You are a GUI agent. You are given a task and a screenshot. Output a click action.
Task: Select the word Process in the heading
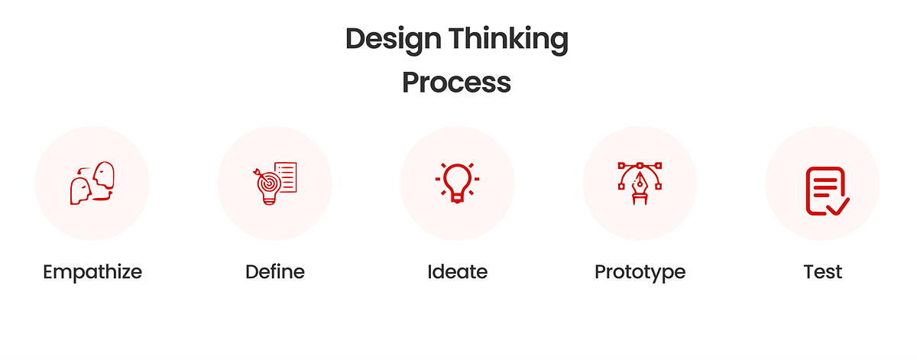456,82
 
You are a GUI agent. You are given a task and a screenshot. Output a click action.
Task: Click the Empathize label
92,271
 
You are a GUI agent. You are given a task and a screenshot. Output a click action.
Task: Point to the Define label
275,271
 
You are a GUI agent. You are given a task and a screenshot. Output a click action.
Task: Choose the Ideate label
457,271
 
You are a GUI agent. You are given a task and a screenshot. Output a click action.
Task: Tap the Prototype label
640,271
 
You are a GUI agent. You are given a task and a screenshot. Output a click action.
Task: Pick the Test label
822,271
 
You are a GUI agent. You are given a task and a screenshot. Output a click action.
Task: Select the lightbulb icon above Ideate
457,182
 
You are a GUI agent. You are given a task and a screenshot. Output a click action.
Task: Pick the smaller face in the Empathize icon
80,191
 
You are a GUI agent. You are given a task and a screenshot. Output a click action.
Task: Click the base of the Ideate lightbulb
457,198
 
